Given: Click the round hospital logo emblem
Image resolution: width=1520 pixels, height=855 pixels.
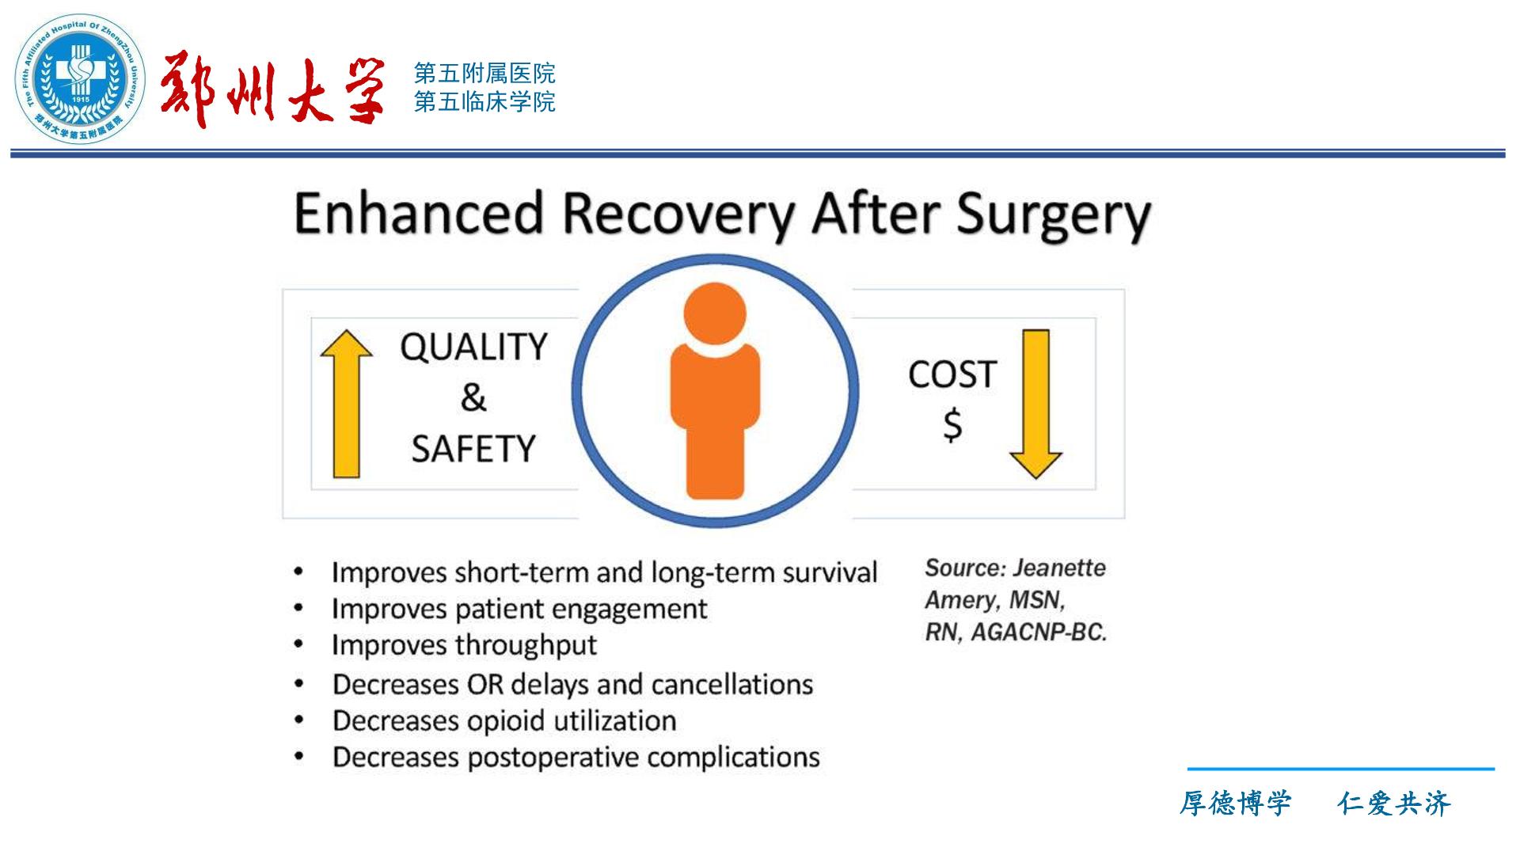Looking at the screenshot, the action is pos(81,78).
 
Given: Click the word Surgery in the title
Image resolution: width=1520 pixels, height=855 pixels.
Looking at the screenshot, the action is pos(1054,216).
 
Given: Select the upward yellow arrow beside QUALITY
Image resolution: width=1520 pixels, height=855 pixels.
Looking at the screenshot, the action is pos(347,404).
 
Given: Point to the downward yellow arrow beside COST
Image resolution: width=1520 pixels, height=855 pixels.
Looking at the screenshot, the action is pos(1035,404).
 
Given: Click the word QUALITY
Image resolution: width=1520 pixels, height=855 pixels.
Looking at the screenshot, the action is pos(473,347).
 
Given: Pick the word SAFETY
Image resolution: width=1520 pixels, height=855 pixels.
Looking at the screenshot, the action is pos(473,449).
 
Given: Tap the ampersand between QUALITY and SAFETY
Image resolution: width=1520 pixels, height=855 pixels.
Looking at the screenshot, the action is pos(473,397).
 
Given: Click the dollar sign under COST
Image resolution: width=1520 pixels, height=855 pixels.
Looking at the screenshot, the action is pos(952,424).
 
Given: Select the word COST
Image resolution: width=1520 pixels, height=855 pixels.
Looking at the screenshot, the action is pos(952,374).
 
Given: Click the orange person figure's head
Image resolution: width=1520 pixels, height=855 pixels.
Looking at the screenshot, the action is pos(715,313).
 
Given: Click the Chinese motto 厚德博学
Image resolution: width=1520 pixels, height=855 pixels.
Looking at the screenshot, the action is pos(1236,804).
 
